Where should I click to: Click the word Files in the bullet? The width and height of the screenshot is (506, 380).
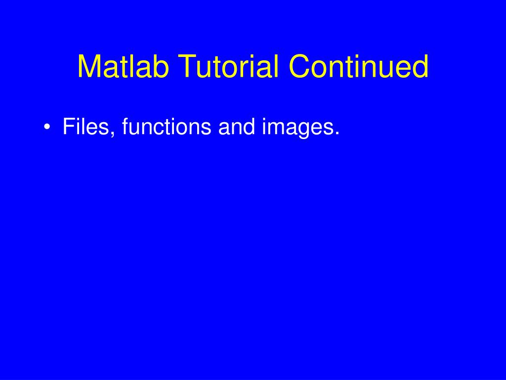pyautogui.click(x=89, y=127)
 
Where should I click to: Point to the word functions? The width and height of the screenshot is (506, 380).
pyautogui.click(x=167, y=127)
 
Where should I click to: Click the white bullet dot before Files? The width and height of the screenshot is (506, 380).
pyautogui.click(x=46, y=128)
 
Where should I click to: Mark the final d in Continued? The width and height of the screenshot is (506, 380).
pyautogui.click(x=421, y=66)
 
